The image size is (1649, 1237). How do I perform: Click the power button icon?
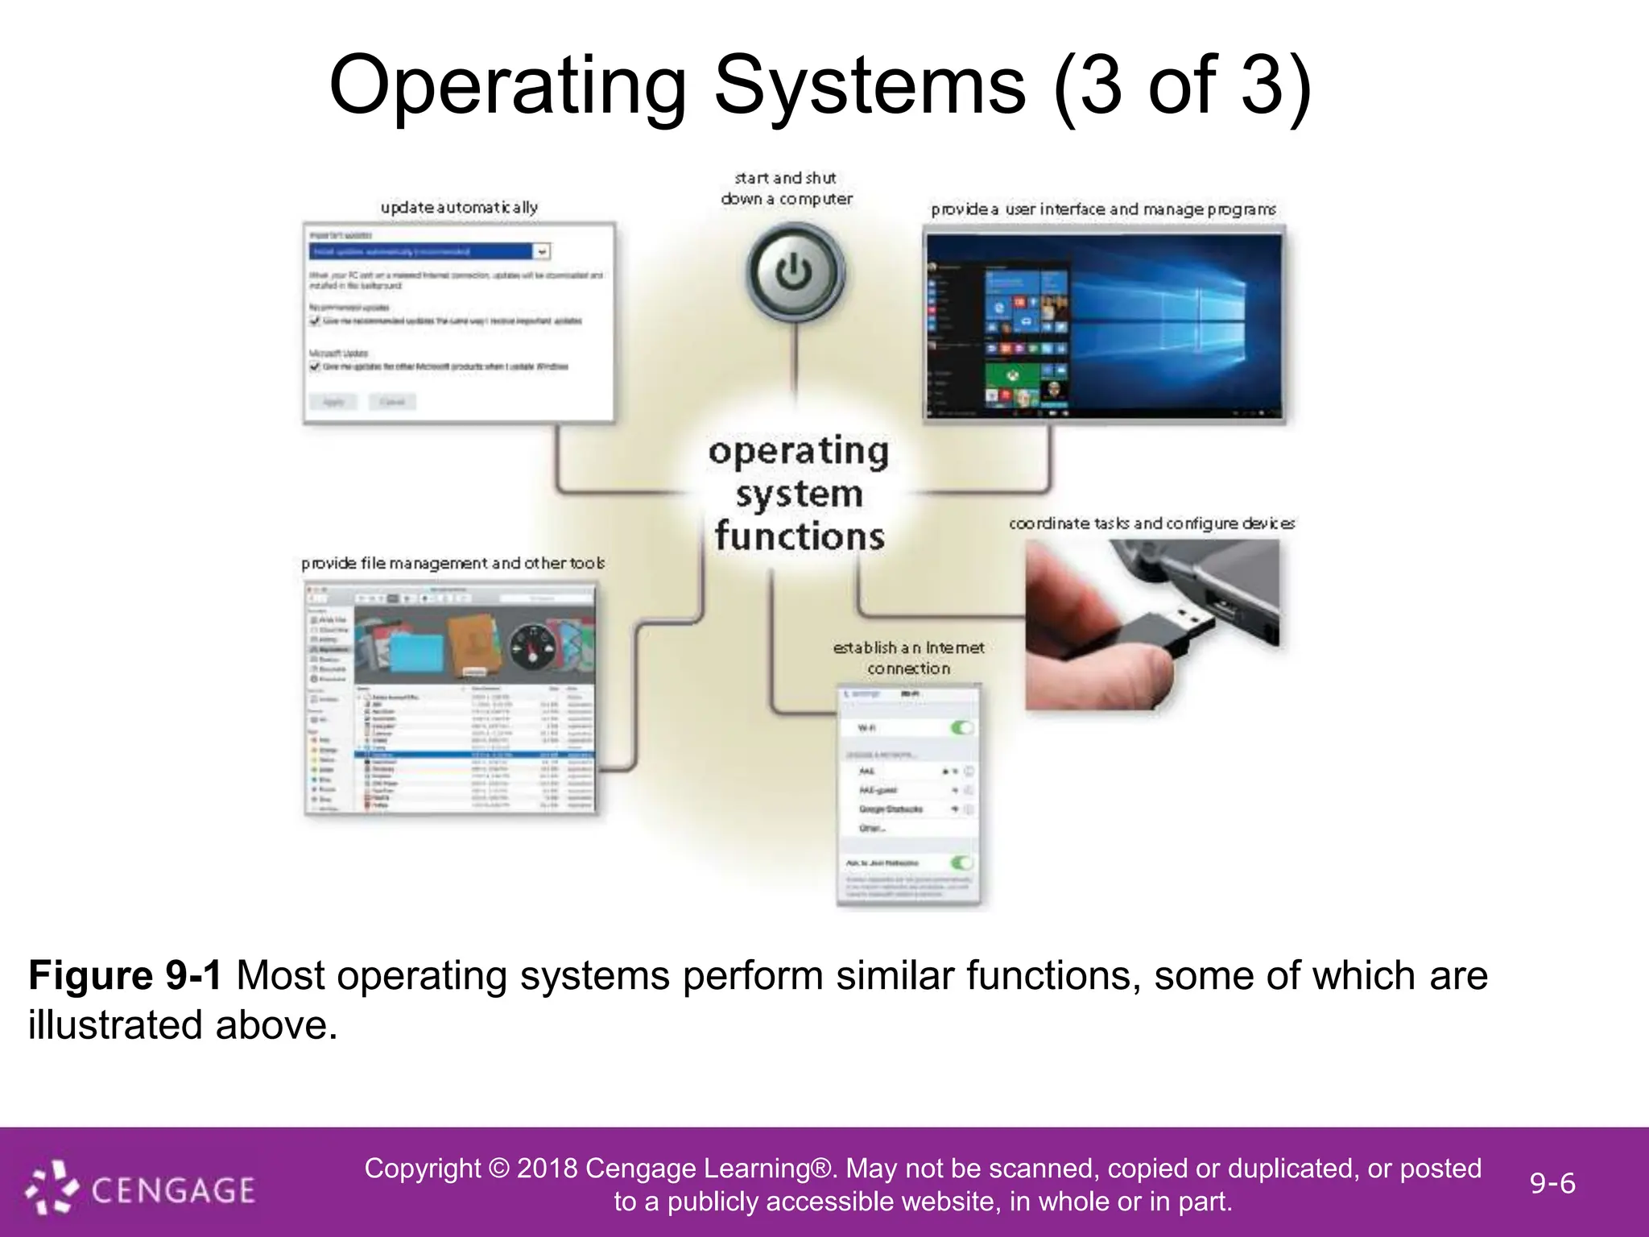tap(794, 272)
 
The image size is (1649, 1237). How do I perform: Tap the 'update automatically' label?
tap(459, 207)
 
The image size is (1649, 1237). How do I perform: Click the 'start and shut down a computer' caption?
tap(786, 188)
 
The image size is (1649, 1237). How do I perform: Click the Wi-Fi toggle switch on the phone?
tap(961, 728)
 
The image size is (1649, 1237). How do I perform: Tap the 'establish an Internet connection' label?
tap(908, 658)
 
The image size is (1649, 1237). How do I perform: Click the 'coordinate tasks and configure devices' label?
tap(1151, 523)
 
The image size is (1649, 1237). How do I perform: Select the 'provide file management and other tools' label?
tap(453, 563)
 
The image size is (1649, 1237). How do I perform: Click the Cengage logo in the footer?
tap(141, 1189)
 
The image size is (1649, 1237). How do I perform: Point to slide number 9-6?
tap(1552, 1184)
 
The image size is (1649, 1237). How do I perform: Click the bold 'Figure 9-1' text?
tap(125, 976)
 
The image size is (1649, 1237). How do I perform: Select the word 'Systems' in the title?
tap(870, 85)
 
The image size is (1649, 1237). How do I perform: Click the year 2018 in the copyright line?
tap(547, 1169)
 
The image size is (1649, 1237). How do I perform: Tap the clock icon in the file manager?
tap(531, 644)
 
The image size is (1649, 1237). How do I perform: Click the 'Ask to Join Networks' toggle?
tap(961, 863)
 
